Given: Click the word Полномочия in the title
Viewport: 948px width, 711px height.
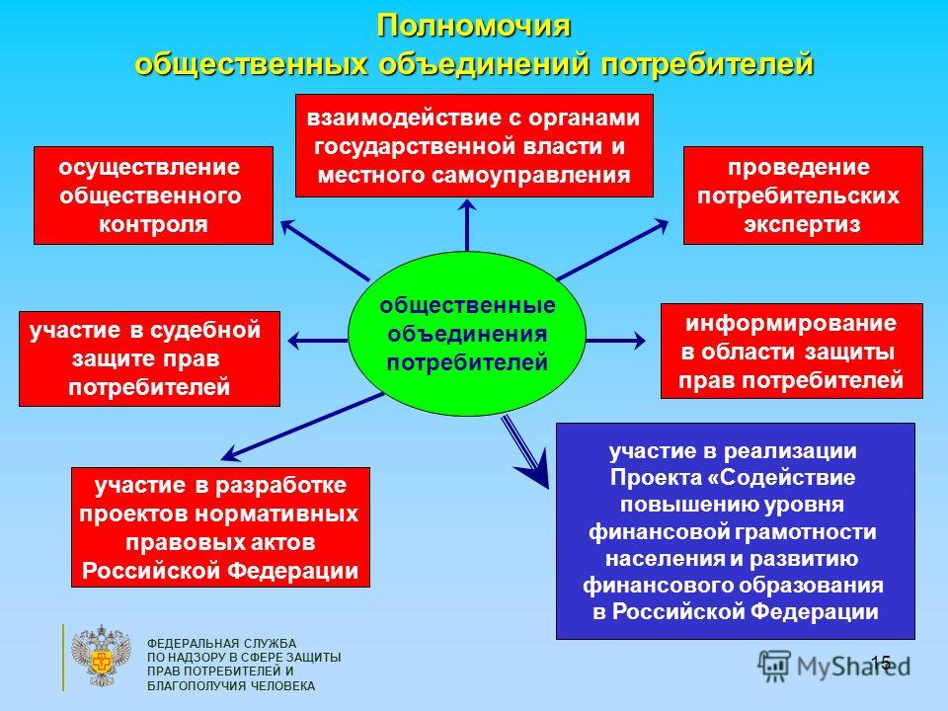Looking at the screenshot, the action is (x=473, y=26).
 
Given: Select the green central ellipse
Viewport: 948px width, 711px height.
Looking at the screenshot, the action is (x=467, y=334).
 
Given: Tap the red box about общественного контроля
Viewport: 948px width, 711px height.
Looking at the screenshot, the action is (x=153, y=196).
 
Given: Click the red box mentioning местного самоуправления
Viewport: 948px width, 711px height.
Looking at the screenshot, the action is (x=474, y=146).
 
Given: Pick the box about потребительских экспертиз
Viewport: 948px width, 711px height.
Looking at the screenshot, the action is (x=803, y=196).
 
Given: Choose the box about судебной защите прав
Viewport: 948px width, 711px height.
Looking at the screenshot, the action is (x=149, y=358).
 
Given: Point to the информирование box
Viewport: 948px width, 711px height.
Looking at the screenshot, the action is (x=791, y=352).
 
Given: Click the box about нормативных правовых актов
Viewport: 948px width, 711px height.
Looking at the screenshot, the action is (x=220, y=527).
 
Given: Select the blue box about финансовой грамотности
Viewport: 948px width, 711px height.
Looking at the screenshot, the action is (x=735, y=531).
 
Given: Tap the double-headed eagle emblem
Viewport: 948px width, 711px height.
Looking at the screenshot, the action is (x=101, y=656).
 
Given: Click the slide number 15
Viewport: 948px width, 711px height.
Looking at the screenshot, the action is (x=880, y=663).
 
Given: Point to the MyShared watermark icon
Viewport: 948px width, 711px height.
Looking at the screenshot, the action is (x=774, y=667).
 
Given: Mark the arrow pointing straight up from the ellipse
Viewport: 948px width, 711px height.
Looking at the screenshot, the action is (x=467, y=225).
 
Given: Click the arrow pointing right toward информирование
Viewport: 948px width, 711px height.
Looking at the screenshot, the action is (x=615, y=341).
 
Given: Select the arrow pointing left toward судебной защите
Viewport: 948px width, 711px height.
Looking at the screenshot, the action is (x=318, y=341).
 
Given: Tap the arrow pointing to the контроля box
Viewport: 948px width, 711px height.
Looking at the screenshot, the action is (x=325, y=250).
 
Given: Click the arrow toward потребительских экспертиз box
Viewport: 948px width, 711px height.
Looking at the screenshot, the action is (x=612, y=250).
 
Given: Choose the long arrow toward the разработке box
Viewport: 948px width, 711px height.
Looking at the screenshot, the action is (x=302, y=427).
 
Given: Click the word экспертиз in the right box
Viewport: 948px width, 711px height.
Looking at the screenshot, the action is (x=802, y=224).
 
